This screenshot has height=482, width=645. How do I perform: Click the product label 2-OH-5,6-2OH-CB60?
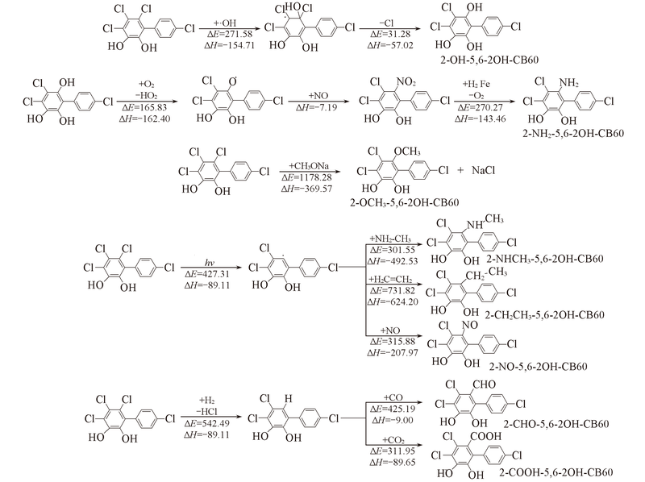489,60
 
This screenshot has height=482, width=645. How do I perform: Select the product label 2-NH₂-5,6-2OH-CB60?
573,133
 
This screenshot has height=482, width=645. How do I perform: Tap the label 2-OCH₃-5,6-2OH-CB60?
405,202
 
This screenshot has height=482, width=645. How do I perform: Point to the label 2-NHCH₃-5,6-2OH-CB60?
545,259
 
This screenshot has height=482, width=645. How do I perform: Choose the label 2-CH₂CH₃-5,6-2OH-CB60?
545,315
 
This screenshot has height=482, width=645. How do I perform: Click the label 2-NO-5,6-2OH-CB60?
538,367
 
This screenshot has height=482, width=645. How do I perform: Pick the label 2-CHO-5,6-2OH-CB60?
556,424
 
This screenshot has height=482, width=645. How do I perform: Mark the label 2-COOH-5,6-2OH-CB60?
556,472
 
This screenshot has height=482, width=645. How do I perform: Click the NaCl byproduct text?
483,170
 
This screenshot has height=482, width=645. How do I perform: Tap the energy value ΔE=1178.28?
306,177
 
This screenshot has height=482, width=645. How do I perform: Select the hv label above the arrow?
210,264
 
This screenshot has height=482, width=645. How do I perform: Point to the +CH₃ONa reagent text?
309,166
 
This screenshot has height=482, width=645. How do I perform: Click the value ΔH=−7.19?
318,108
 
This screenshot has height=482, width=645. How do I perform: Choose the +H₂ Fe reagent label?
476,85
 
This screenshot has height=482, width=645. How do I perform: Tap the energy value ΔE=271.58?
230,34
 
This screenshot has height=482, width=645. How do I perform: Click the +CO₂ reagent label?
393,440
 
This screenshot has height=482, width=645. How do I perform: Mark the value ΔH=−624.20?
393,302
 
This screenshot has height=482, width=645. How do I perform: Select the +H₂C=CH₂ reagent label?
390,279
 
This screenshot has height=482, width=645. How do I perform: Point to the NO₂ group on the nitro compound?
406,82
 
